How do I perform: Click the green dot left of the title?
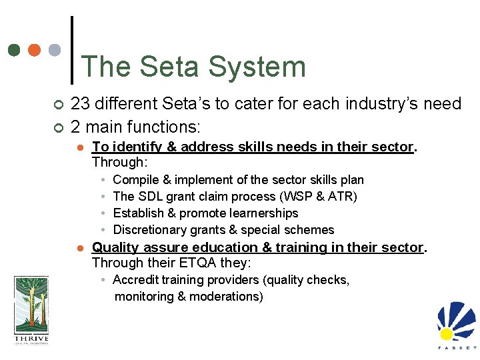point(14,50)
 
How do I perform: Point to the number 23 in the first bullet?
point(80,103)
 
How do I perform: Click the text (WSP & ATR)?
point(319,197)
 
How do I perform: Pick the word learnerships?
point(261,213)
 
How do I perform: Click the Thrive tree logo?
point(31,310)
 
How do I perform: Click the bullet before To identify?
point(79,147)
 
